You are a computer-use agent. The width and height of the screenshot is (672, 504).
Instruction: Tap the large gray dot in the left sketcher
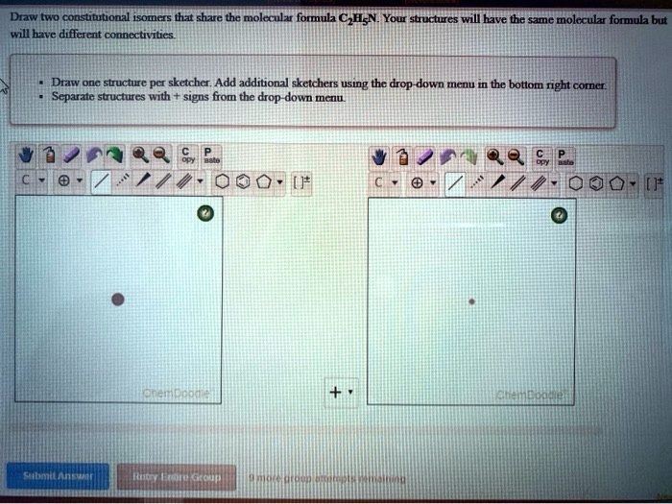117,300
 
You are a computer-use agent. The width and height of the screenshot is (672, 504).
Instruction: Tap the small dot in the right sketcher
470,300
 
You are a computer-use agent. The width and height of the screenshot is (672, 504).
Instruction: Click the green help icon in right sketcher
559,215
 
